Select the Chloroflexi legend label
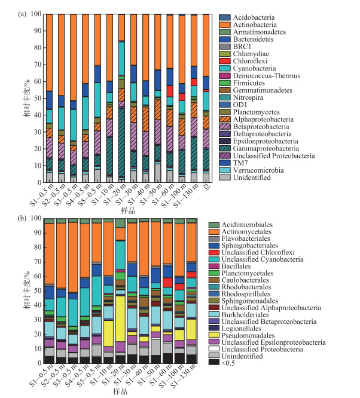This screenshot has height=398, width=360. coord(250,61)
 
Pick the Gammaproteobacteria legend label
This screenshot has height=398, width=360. coord(266,148)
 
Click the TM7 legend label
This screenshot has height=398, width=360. coord(240,163)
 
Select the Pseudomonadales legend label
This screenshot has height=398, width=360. coord(248,336)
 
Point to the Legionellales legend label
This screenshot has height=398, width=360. coord(242,329)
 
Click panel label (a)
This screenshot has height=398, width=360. coord(22,14)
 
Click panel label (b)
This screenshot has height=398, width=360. coord(22,218)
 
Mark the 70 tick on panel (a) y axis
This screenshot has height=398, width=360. coord(36,65)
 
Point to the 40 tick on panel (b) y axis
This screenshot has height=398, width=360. coord(36,305)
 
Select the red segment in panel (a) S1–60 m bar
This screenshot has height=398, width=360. coord(170,91)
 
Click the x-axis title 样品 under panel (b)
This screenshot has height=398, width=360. coord(120,391)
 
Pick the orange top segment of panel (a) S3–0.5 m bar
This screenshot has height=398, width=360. coord(73,57)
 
